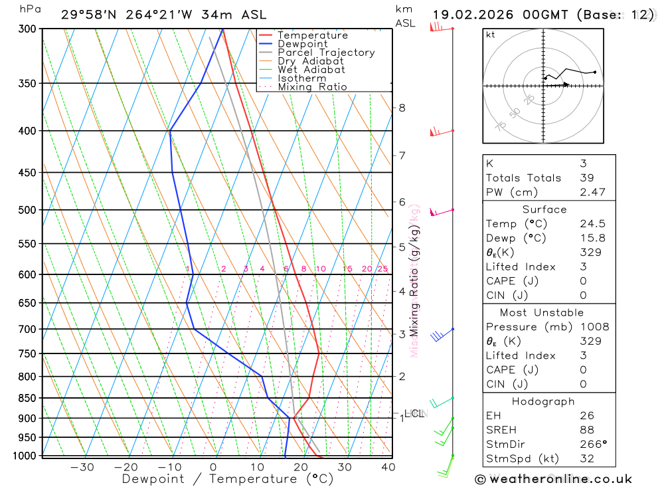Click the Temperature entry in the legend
pos(312,35)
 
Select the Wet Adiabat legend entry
pos(311,70)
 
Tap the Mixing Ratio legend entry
pos(312,87)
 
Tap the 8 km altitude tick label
pos(402,108)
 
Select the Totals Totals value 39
pos(586,177)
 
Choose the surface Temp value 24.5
pos(592,224)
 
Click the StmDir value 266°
pos(592,444)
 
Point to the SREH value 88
pos(586,430)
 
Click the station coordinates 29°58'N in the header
pos(87,14)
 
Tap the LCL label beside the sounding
pos(414,413)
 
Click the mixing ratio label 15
pos(347,269)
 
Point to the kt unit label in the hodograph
pos(491,35)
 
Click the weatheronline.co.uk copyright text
pos(553,478)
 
